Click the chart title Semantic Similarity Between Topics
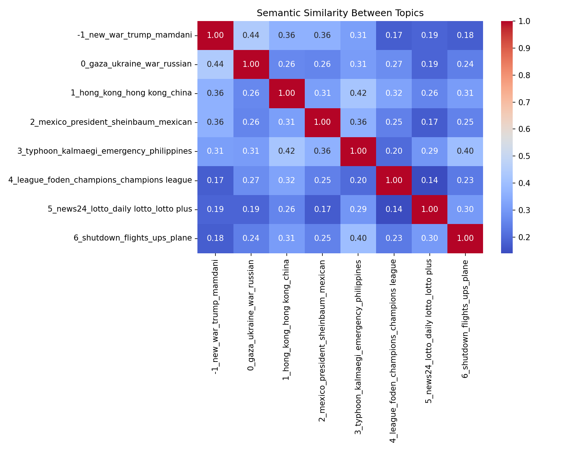coord(340,13)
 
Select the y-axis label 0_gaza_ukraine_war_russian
coord(136,64)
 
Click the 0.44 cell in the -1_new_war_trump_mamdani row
coord(251,35)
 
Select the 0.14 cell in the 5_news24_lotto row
coord(394,209)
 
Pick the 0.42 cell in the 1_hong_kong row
coord(358,93)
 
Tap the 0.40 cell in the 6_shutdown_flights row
coord(358,238)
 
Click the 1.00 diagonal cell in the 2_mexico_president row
coord(322,122)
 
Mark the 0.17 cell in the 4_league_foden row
coord(215,180)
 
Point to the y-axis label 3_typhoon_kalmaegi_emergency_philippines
coord(105,151)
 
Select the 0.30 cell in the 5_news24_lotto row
coord(465,209)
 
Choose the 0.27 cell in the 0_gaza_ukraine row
coord(394,64)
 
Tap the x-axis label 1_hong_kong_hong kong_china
coord(286,319)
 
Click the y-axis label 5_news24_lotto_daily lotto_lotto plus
coord(120,209)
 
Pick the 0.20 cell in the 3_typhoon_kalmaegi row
coord(394,151)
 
